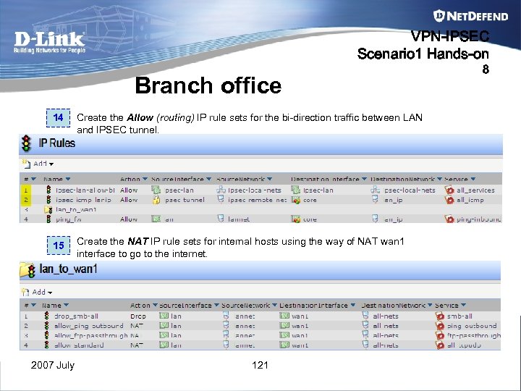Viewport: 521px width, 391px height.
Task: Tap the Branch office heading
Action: coord(208,86)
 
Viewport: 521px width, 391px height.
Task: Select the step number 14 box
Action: coord(59,118)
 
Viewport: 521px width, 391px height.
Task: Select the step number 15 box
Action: coord(59,245)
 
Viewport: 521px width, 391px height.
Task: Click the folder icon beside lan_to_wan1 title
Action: coord(27,270)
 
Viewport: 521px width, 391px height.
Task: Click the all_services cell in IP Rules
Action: coord(475,190)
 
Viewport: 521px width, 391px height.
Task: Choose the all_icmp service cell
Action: coord(470,200)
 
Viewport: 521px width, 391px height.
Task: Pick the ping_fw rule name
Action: coord(69,219)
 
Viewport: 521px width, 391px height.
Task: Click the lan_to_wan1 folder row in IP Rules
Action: coord(76,209)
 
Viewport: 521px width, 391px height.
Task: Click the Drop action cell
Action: coord(137,316)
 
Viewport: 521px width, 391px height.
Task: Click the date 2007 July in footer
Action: coord(53,366)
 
